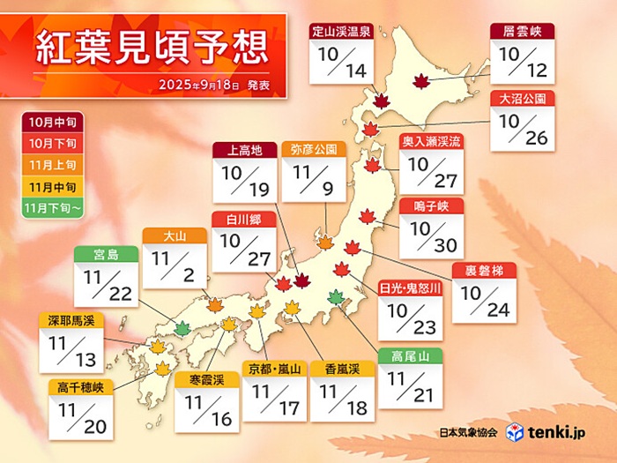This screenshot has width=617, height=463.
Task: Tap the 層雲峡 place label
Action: click(522, 30)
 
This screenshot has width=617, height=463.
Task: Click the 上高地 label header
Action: click(244, 150)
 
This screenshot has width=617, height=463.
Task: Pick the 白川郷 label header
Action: click(244, 218)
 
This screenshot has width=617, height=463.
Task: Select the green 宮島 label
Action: click(104, 254)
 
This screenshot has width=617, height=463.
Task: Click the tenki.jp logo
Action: click(561, 432)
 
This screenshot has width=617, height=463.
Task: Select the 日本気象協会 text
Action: click(468, 433)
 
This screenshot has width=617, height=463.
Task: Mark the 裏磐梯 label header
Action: click(483, 270)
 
